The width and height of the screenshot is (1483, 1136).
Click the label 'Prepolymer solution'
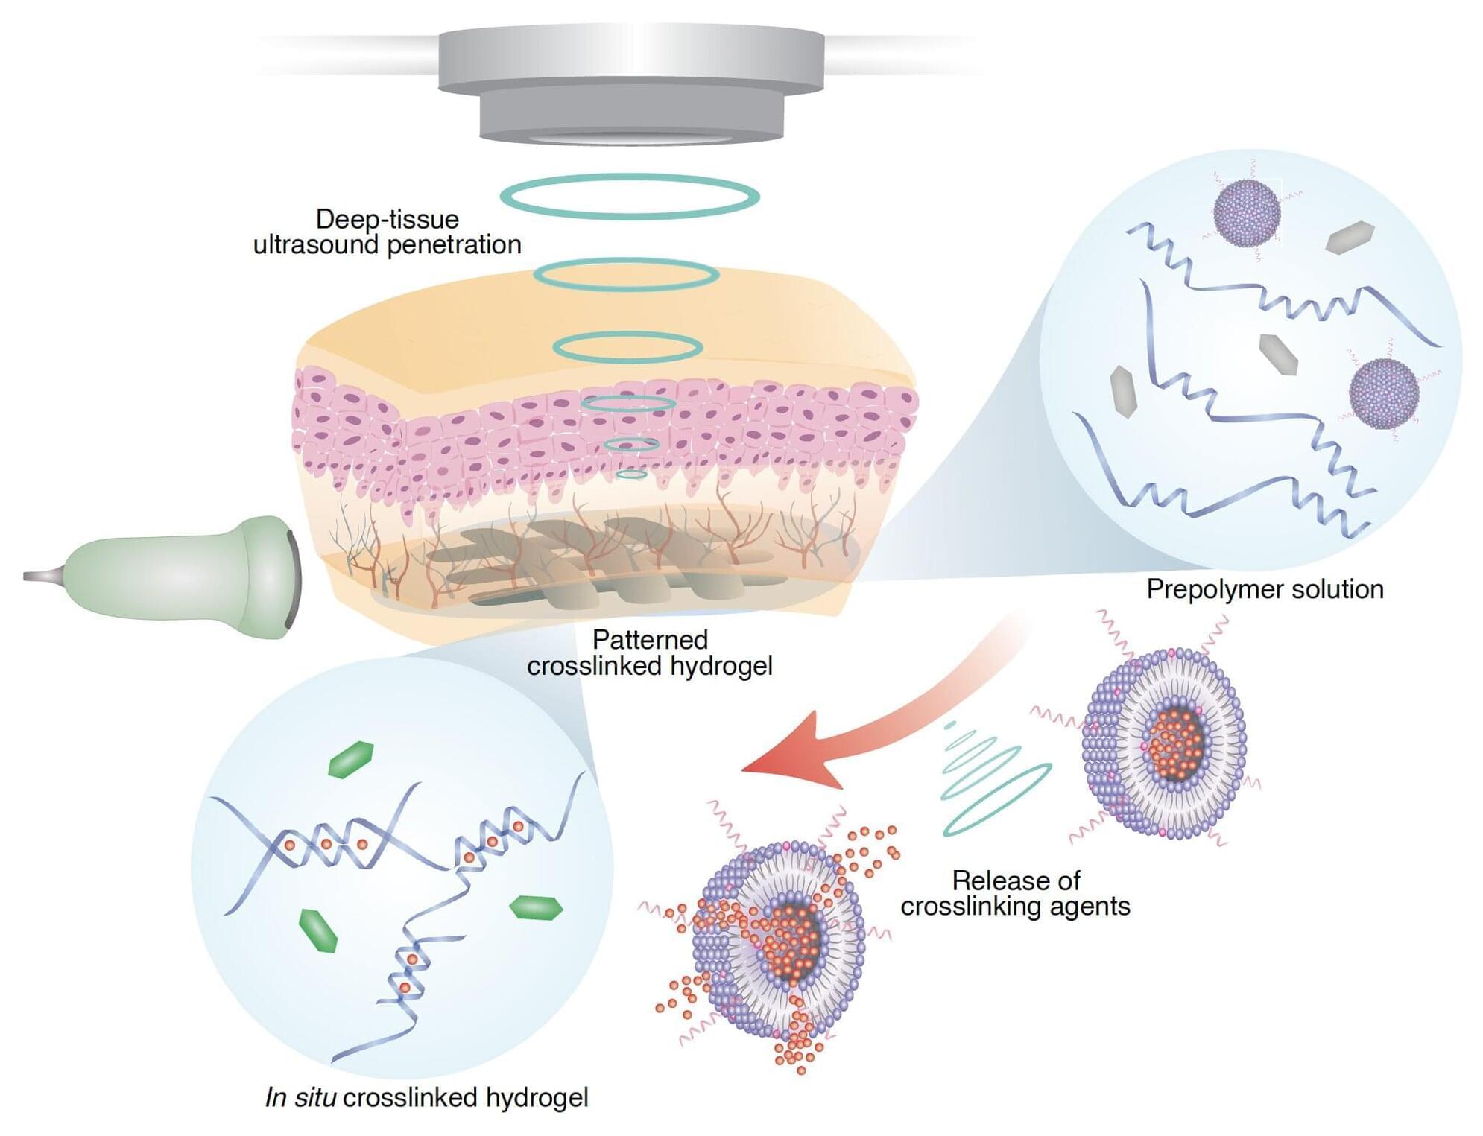[x=1264, y=589]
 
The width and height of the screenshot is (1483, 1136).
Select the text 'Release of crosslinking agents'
[x=1015, y=893]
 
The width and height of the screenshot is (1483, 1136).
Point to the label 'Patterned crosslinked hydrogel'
[x=649, y=653]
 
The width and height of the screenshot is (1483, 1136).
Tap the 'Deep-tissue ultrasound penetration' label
[x=387, y=232]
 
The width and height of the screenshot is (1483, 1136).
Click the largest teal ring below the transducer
[x=629, y=197]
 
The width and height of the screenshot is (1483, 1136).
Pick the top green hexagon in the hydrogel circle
[x=350, y=759]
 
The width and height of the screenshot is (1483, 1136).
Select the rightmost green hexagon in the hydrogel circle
[x=535, y=907]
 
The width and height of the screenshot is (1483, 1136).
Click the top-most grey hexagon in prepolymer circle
[x=1350, y=237]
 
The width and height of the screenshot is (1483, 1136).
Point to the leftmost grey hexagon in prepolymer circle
[x=1123, y=391]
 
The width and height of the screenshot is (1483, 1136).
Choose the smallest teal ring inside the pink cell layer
[x=631, y=474]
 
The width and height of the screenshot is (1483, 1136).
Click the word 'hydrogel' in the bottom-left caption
[x=537, y=1097]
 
